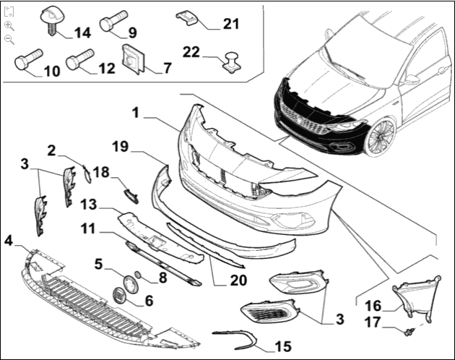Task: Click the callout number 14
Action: [x=81, y=33]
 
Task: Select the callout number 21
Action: [x=230, y=25]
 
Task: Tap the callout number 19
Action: [x=120, y=147]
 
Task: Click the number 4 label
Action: [x=9, y=240]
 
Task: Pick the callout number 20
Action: [x=238, y=280]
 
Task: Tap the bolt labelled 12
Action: [x=76, y=62]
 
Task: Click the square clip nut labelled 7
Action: [x=133, y=59]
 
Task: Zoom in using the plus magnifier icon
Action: [x=9, y=25]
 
